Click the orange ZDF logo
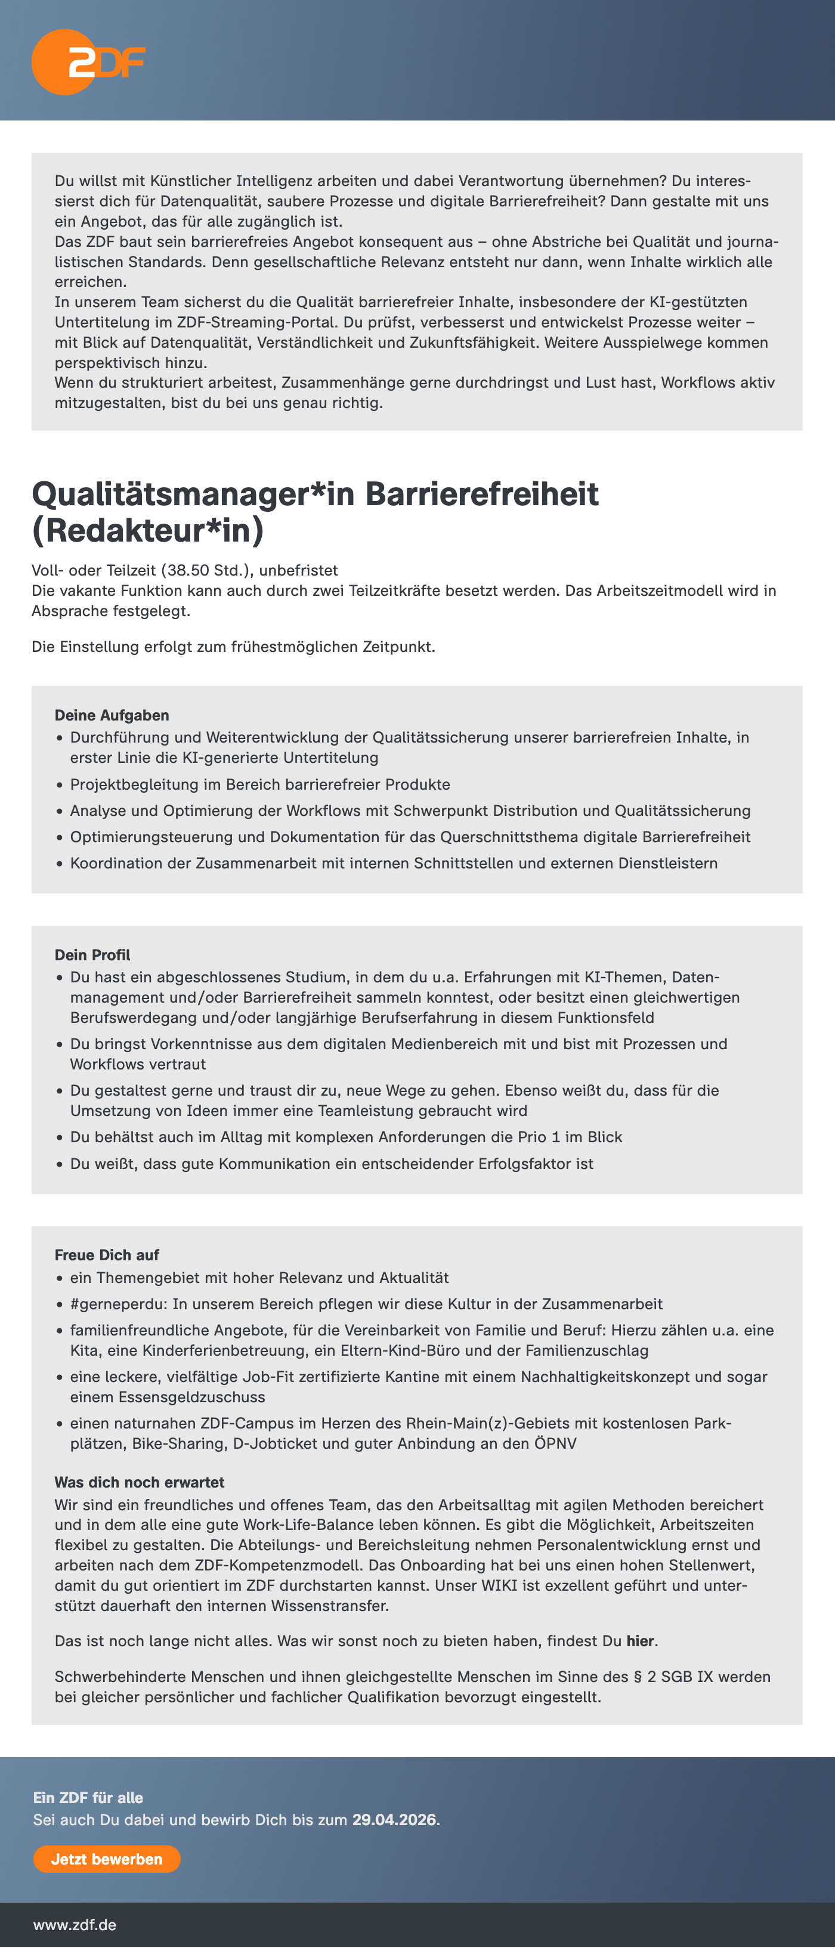click(87, 62)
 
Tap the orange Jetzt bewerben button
click(107, 1859)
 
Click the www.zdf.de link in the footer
click(75, 1925)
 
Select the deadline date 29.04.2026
click(395, 1819)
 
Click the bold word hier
click(640, 1640)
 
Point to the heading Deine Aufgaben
click(112, 715)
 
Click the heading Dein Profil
click(92, 954)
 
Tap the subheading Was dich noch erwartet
click(139, 1482)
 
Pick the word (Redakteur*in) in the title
click(147, 530)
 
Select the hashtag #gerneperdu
click(120, 1304)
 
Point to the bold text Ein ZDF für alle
click(88, 1798)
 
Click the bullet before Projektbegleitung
click(60, 785)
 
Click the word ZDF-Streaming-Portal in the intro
click(257, 322)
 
